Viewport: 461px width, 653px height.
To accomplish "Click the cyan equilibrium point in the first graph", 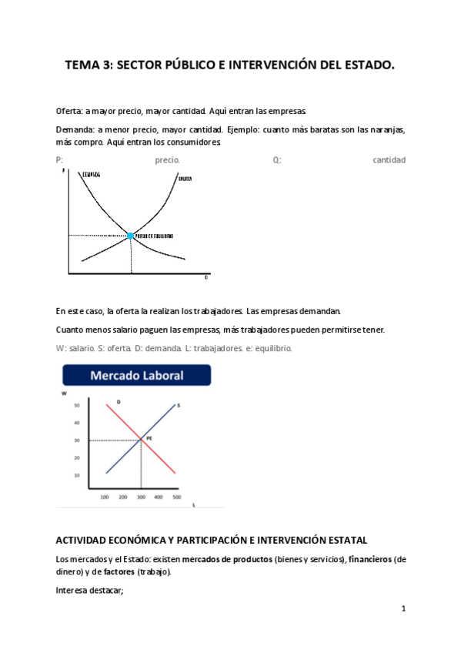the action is click(x=131, y=236).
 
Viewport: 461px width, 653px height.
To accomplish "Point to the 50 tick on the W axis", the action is click(x=77, y=405).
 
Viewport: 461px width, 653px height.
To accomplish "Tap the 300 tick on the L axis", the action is click(x=140, y=497).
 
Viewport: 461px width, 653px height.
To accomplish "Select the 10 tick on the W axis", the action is click(x=77, y=475).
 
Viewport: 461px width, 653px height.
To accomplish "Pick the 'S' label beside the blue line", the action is click(x=178, y=405).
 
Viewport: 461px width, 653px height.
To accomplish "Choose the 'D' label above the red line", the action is click(x=119, y=402).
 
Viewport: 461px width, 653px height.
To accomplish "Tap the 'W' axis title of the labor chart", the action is click(x=64, y=393).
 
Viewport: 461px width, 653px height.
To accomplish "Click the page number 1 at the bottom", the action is click(x=403, y=608).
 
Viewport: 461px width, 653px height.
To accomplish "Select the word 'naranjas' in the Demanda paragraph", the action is click(x=388, y=129).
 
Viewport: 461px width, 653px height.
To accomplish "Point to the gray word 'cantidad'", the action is click(x=389, y=160).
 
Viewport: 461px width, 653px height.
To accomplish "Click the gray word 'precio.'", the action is click(x=167, y=160).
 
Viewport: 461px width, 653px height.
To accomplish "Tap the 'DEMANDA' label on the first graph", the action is click(x=91, y=175).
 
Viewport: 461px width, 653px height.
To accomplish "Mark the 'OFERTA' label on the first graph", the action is click(x=185, y=179).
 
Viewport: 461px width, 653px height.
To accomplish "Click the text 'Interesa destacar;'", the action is click(x=85, y=590).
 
